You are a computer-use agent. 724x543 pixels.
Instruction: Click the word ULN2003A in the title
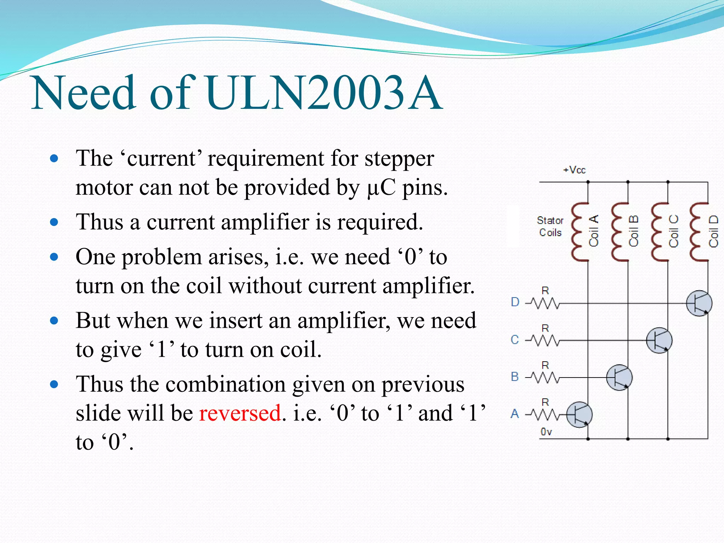click(323, 93)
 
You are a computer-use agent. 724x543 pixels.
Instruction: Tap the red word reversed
click(240, 413)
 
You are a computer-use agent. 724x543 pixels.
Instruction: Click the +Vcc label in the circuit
click(574, 170)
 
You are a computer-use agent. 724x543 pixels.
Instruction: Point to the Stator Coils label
click(550, 227)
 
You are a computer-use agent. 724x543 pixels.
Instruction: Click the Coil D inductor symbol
click(699, 232)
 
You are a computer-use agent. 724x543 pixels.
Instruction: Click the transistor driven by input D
click(699, 303)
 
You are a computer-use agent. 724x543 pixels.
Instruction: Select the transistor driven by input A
click(579, 415)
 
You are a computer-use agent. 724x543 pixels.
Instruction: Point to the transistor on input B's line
click(619, 378)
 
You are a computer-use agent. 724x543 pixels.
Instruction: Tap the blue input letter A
click(515, 414)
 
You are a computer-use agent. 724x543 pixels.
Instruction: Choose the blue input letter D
click(515, 302)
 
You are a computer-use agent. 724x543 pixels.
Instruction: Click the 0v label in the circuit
click(546, 432)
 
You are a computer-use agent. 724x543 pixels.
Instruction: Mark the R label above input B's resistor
click(545, 365)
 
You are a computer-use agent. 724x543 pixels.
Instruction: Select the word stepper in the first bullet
click(399, 158)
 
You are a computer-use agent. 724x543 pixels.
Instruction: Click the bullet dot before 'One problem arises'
click(54, 257)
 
